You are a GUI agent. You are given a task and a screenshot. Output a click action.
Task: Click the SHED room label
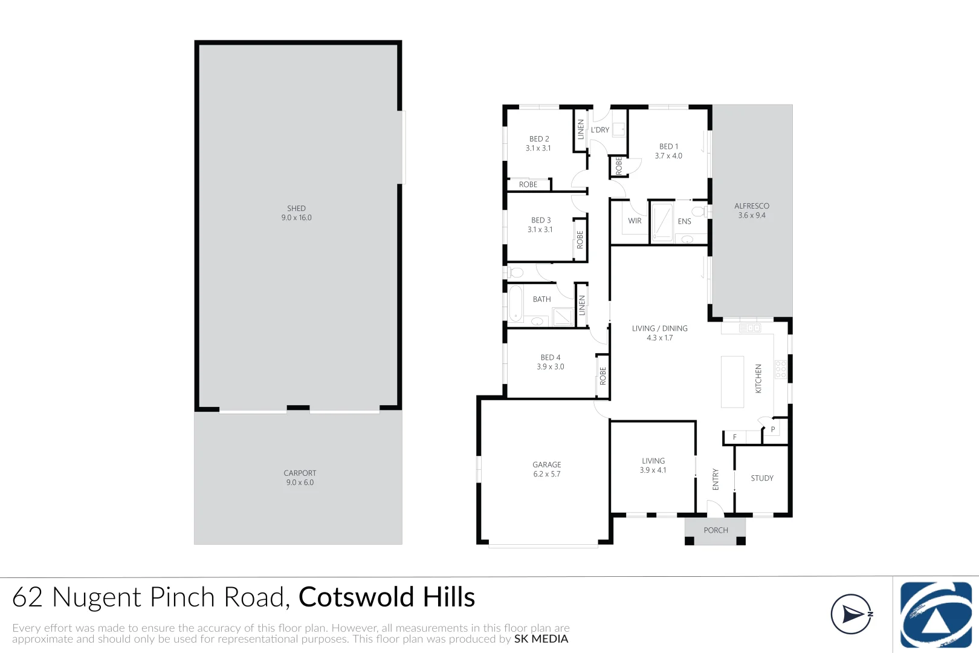pos(296,209)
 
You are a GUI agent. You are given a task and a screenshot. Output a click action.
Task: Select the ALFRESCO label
pos(752,206)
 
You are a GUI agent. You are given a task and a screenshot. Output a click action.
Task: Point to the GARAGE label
pos(547,465)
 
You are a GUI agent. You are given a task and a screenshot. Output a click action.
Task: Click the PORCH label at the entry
pos(716,530)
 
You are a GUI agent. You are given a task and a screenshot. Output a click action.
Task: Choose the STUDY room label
pos(762,478)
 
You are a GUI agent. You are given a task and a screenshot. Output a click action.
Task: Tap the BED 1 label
pos(668,146)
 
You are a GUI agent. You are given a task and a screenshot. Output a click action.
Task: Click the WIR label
pos(635,221)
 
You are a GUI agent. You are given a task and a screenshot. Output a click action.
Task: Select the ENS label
pos(684,221)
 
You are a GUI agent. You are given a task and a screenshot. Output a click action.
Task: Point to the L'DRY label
pos(600,130)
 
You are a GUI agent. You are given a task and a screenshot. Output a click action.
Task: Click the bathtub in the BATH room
pos(515,304)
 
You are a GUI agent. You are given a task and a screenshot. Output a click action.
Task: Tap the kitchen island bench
pos(732,382)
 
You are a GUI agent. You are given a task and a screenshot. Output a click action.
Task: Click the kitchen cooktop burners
pos(780,369)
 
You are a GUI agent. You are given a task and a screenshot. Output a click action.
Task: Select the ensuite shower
pos(662,222)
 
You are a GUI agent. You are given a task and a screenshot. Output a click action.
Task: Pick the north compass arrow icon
pos(851,614)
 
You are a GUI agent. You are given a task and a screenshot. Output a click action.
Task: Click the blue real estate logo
pos(935,614)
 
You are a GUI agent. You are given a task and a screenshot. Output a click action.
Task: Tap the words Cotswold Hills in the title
pos(387,597)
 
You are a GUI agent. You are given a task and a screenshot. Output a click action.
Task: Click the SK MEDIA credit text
pos(541,639)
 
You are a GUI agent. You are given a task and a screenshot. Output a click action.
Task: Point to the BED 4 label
pos(551,357)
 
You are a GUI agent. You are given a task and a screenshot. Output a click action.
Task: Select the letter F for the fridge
pos(735,437)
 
